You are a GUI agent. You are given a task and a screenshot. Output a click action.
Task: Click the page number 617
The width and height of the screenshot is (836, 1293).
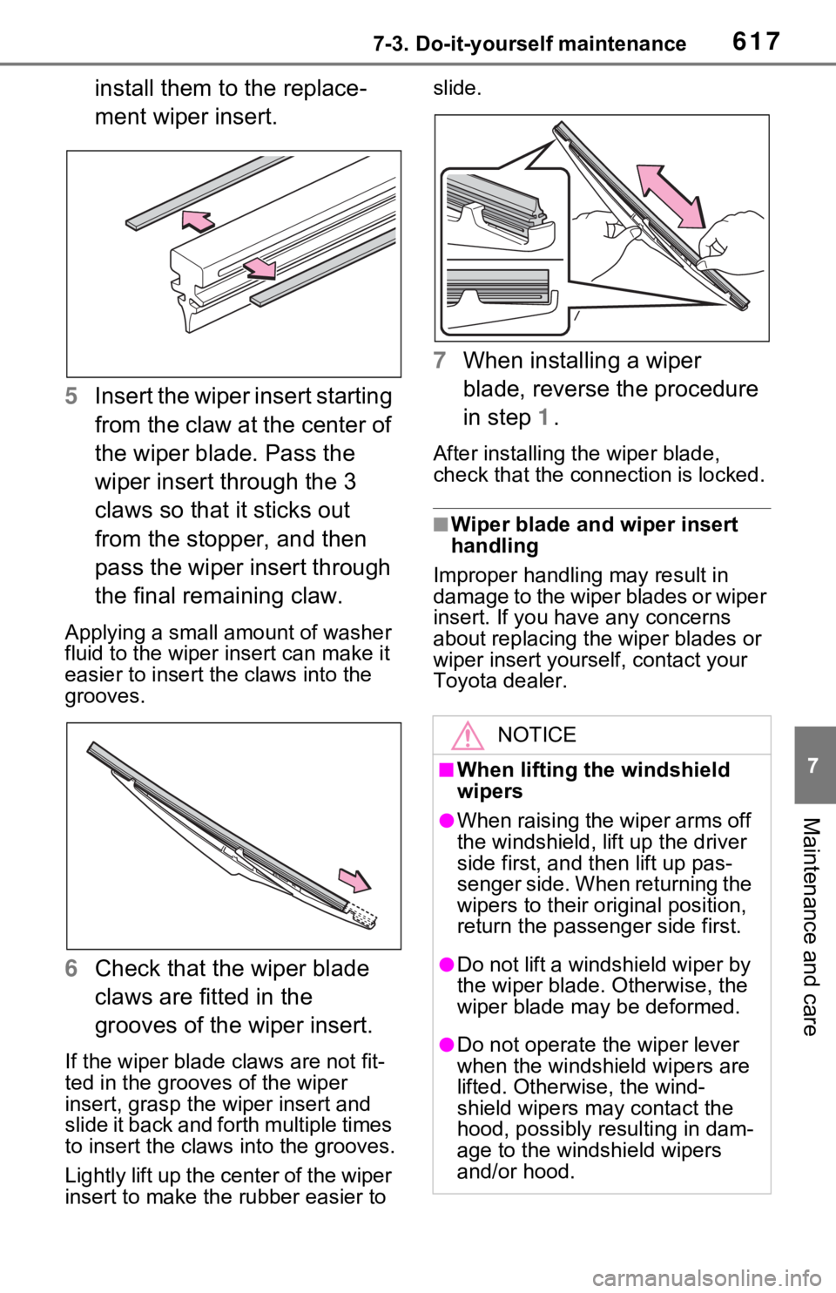coord(757,42)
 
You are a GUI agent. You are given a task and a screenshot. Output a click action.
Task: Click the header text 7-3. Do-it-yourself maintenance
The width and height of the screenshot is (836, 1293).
coord(529,44)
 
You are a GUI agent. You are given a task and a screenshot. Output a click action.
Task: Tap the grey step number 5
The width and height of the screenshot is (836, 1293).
coord(71,396)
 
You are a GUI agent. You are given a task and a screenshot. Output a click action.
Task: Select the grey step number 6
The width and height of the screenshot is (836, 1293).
coord(71,968)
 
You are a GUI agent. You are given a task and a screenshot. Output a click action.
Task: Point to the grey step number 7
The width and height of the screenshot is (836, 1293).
coord(440,360)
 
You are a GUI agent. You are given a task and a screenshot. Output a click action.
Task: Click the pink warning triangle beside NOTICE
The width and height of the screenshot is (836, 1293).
coord(468,735)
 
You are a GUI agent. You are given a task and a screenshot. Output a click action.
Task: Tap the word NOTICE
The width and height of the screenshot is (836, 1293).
coord(536,735)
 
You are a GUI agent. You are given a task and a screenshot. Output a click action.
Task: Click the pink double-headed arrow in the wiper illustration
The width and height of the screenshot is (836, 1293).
coord(671,196)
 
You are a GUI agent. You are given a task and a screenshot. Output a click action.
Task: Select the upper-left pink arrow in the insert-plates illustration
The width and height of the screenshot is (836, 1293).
coord(198,220)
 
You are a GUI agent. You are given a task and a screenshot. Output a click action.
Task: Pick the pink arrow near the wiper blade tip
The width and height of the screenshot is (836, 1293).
coord(354,879)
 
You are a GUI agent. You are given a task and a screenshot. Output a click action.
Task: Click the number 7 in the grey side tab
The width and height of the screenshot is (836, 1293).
coord(812,765)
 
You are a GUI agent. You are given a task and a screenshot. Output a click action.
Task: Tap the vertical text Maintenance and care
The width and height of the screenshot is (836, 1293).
coord(812,926)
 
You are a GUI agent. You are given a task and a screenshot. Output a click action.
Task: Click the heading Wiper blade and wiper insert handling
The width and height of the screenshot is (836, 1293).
coord(594,534)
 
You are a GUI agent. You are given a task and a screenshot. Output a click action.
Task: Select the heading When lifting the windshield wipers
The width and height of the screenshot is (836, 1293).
coord(593,780)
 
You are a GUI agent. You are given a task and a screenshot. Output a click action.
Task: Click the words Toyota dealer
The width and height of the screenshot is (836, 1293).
coord(500,680)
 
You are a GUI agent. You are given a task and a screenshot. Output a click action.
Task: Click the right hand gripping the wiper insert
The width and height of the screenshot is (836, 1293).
coord(730,240)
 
